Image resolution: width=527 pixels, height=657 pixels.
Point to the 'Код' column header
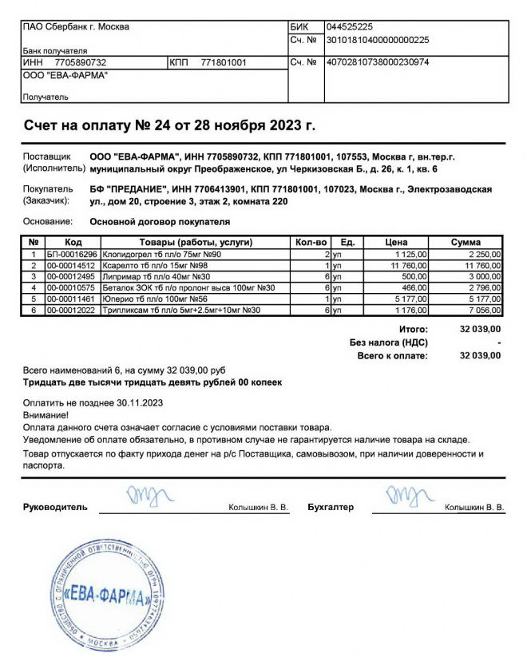click(73, 242)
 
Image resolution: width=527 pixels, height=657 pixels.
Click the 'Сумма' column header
click(466, 242)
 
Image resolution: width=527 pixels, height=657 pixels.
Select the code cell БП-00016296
click(72, 254)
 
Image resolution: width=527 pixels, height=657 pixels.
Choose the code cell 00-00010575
click(72, 287)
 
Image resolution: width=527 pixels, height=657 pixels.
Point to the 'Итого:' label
click(413, 329)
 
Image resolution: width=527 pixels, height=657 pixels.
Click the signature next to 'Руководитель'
click(147, 496)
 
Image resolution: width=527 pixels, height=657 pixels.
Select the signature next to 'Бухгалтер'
click(407, 496)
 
